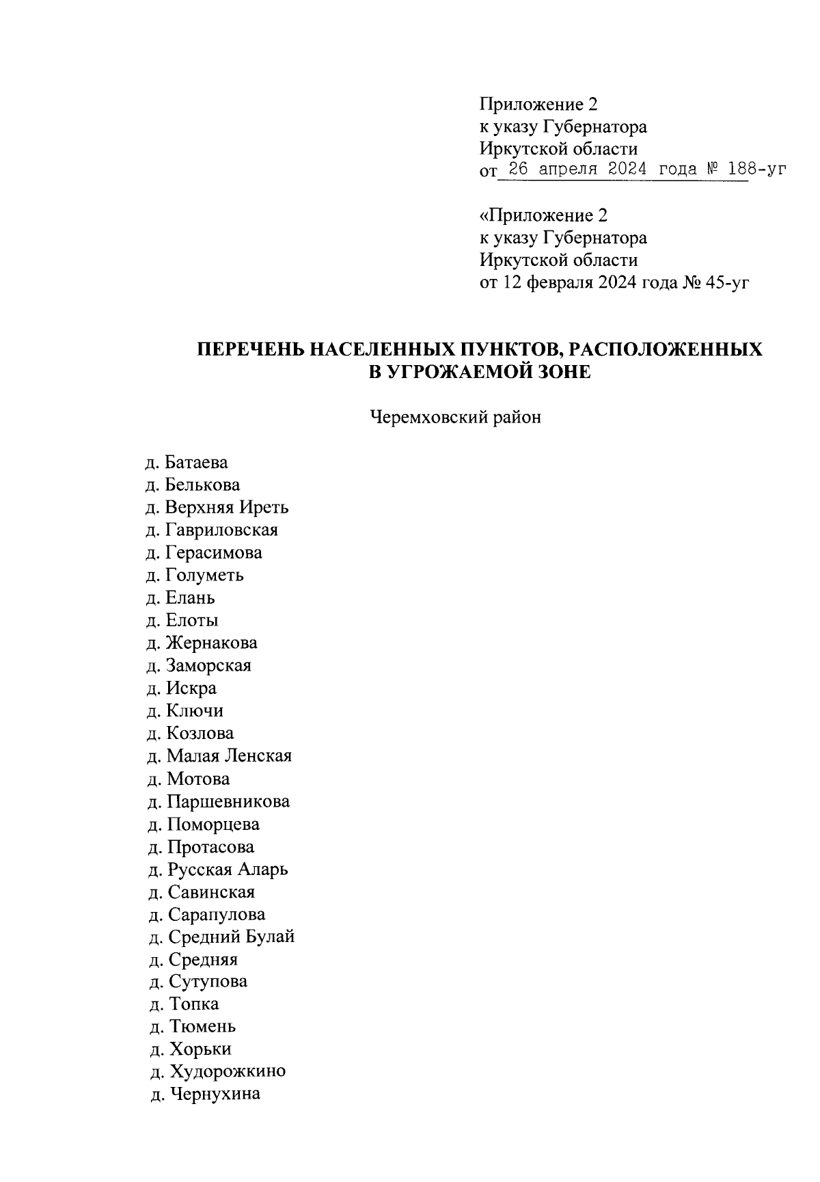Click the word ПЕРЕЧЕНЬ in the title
(x=250, y=350)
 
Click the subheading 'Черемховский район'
(x=455, y=417)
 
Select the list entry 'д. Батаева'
(x=187, y=463)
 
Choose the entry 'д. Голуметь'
(x=195, y=576)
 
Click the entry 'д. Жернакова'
(x=202, y=643)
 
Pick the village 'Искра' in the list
(x=191, y=688)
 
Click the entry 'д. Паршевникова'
(x=218, y=801)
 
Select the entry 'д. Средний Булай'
(x=221, y=937)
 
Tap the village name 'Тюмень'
(x=202, y=1027)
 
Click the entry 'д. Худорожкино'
(x=217, y=1071)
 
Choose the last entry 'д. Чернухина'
(x=204, y=1094)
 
